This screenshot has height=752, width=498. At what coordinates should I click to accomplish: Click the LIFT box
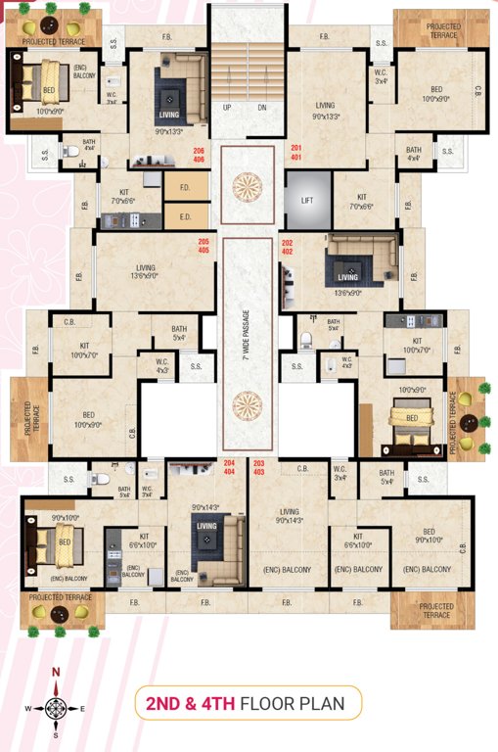pyautogui.click(x=305, y=200)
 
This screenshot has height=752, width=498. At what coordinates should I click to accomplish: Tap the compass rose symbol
pyautogui.click(x=57, y=702)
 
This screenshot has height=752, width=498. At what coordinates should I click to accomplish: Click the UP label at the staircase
pyautogui.click(x=227, y=108)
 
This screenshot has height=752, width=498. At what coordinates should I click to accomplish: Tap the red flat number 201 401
pyautogui.click(x=296, y=152)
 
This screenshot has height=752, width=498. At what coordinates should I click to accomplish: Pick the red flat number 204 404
pyautogui.click(x=230, y=466)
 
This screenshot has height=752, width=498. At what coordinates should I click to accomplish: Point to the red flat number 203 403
pyautogui.click(x=259, y=466)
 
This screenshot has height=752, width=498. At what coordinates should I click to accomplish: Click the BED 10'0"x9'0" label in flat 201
pyautogui.click(x=435, y=94)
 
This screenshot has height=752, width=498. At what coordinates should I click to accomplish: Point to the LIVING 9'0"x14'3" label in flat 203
pyautogui.click(x=289, y=517)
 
